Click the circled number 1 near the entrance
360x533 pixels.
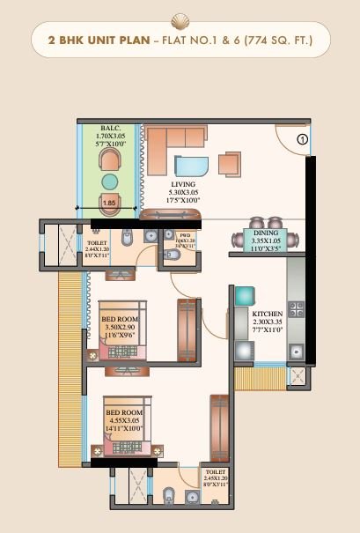coord(301,138)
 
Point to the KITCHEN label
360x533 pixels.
coord(267,314)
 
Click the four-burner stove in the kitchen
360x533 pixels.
coord(297,309)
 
